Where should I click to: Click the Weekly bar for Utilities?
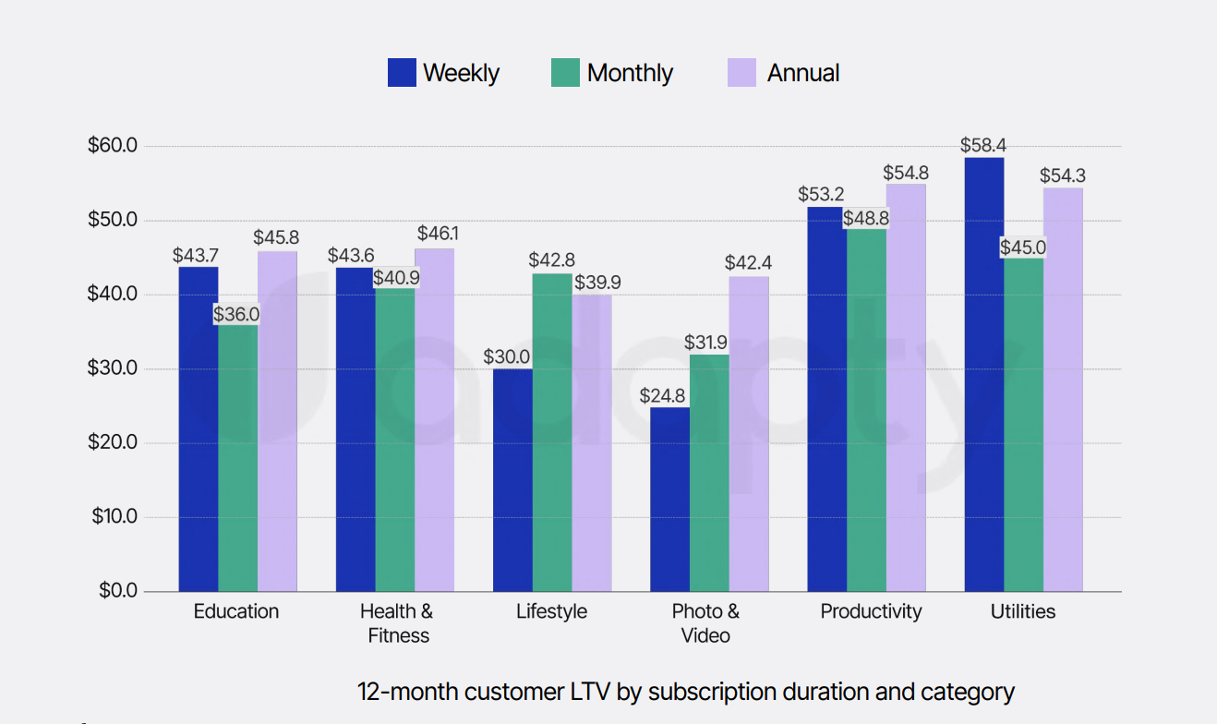[x=984, y=374]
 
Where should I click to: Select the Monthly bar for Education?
[x=238, y=457]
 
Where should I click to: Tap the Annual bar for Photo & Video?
[x=749, y=434]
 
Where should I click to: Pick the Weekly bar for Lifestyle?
[x=512, y=480]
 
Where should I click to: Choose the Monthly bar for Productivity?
[x=866, y=410]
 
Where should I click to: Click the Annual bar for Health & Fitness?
[x=434, y=420]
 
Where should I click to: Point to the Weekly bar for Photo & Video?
[x=669, y=499]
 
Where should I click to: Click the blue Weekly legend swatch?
[x=402, y=73]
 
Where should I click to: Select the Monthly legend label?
[x=630, y=73]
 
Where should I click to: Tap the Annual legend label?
[x=803, y=73]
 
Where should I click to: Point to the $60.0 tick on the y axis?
[x=113, y=146]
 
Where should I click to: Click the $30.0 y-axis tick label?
[x=113, y=368]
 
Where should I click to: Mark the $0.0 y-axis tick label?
[x=117, y=591]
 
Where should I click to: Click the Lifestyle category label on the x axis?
[x=551, y=611]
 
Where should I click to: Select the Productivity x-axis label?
[x=871, y=611]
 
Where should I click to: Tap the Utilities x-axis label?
[x=1023, y=611]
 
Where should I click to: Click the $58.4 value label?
[x=983, y=145]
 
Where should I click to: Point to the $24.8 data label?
[x=663, y=396]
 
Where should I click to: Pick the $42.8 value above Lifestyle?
[x=551, y=261]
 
